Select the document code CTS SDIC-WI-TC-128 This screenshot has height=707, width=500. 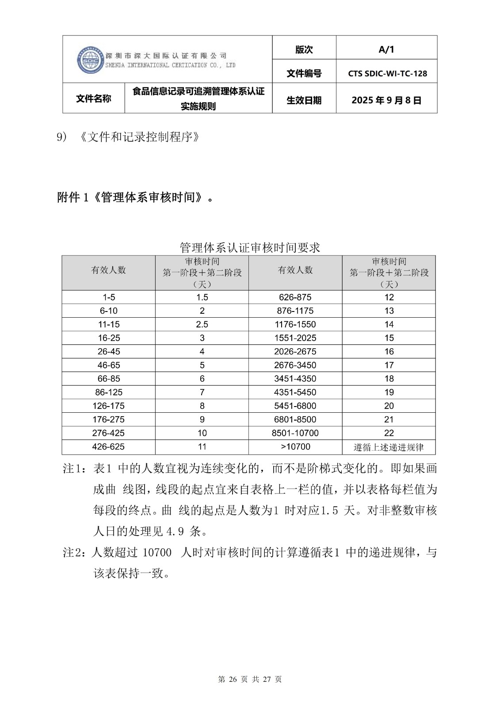(x=387, y=73)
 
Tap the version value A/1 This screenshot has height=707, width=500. (x=386, y=49)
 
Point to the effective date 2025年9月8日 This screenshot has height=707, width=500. (x=386, y=100)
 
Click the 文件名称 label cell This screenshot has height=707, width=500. (x=93, y=99)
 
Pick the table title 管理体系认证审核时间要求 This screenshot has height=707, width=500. (x=250, y=247)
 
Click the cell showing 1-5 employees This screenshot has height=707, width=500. (x=108, y=297)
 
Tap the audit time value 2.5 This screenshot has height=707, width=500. (x=202, y=324)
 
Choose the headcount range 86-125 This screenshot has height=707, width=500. (x=108, y=392)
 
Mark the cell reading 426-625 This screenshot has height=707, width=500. (x=108, y=447)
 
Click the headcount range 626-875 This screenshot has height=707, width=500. (x=295, y=297)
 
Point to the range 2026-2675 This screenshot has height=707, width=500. (x=295, y=352)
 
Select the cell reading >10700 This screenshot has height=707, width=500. (x=295, y=447)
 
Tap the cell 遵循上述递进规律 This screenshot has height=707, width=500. (x=389, y=447)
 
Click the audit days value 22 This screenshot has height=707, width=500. (x=389, y=433)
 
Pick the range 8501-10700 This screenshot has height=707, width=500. (x=295, y=433)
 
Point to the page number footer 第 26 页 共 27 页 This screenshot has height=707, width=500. (x=250, y=679)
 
